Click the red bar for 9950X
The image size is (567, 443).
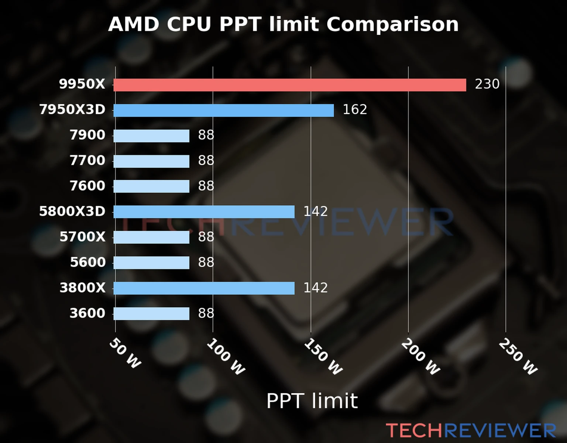(289, 85)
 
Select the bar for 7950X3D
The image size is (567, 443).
(223, 110)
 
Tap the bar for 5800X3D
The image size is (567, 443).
(204, 212)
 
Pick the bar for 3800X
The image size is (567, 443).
(204, 288)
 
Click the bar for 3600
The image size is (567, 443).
(151, 313)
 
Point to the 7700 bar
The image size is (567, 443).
(151, 161)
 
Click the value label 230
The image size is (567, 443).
(487, 84)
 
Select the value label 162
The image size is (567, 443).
(355, 110)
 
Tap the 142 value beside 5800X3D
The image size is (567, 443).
(315, 212)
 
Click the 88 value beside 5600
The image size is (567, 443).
(206, 262)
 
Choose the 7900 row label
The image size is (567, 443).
(87, 135)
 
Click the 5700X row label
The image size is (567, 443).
(82, 237)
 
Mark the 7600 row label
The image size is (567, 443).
(87, 186)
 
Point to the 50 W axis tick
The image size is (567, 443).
(125, 353)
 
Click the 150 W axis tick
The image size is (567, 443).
(323, 357)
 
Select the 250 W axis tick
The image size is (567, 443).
(518, 357)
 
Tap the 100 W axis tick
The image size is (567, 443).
(226, 357)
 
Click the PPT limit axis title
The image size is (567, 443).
(312, 401)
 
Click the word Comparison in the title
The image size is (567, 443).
(392, 25)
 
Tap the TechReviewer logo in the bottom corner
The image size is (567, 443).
(471, 430)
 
